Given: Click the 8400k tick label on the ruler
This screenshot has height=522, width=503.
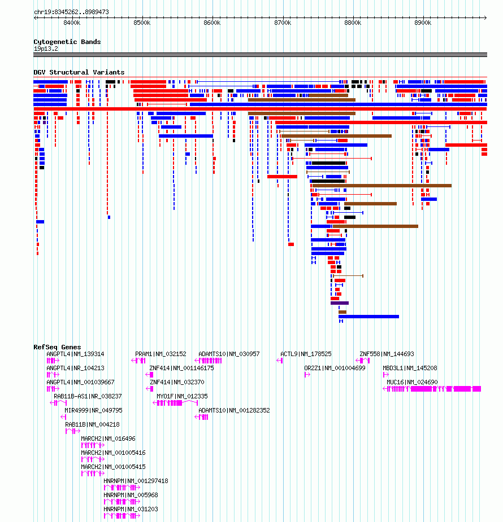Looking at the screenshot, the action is (72, 23).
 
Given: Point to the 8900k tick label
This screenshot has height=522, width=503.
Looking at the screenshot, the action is (423, 23).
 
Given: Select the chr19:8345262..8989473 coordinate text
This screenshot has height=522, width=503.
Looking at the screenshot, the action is (71, 12).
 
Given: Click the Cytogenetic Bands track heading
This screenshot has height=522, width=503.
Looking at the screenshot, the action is (67, 42).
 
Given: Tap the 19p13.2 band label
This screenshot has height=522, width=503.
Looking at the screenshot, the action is (46, 49).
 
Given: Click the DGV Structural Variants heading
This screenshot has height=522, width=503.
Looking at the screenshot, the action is (79, 72).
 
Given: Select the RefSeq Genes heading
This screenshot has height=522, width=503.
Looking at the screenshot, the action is (57, 347).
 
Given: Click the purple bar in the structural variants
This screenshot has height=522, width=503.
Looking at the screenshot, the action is (340, 303).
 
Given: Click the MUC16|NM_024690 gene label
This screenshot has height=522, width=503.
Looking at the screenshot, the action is (412, 382).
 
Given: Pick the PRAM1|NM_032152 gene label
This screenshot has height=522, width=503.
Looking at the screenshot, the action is (161, 354).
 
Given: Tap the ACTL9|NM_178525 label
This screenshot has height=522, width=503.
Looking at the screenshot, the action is (306, 354).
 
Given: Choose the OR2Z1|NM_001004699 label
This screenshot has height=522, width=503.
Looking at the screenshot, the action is (335, 368).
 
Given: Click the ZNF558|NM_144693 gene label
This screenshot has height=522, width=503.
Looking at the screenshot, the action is (387, 354).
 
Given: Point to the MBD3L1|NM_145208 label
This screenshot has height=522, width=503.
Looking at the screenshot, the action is (410, 368).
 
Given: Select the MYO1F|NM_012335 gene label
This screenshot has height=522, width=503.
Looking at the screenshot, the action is (183, 396).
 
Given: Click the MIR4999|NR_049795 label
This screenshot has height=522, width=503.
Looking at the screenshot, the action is (94, 410).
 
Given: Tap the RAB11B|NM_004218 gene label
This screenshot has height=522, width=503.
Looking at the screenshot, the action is (92, 424).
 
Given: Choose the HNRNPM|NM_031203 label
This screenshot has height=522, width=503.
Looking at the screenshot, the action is (131, 509).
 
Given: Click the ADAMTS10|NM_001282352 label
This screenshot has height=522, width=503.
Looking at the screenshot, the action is (235, 410).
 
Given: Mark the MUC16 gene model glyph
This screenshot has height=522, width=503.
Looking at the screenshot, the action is (432, 389).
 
